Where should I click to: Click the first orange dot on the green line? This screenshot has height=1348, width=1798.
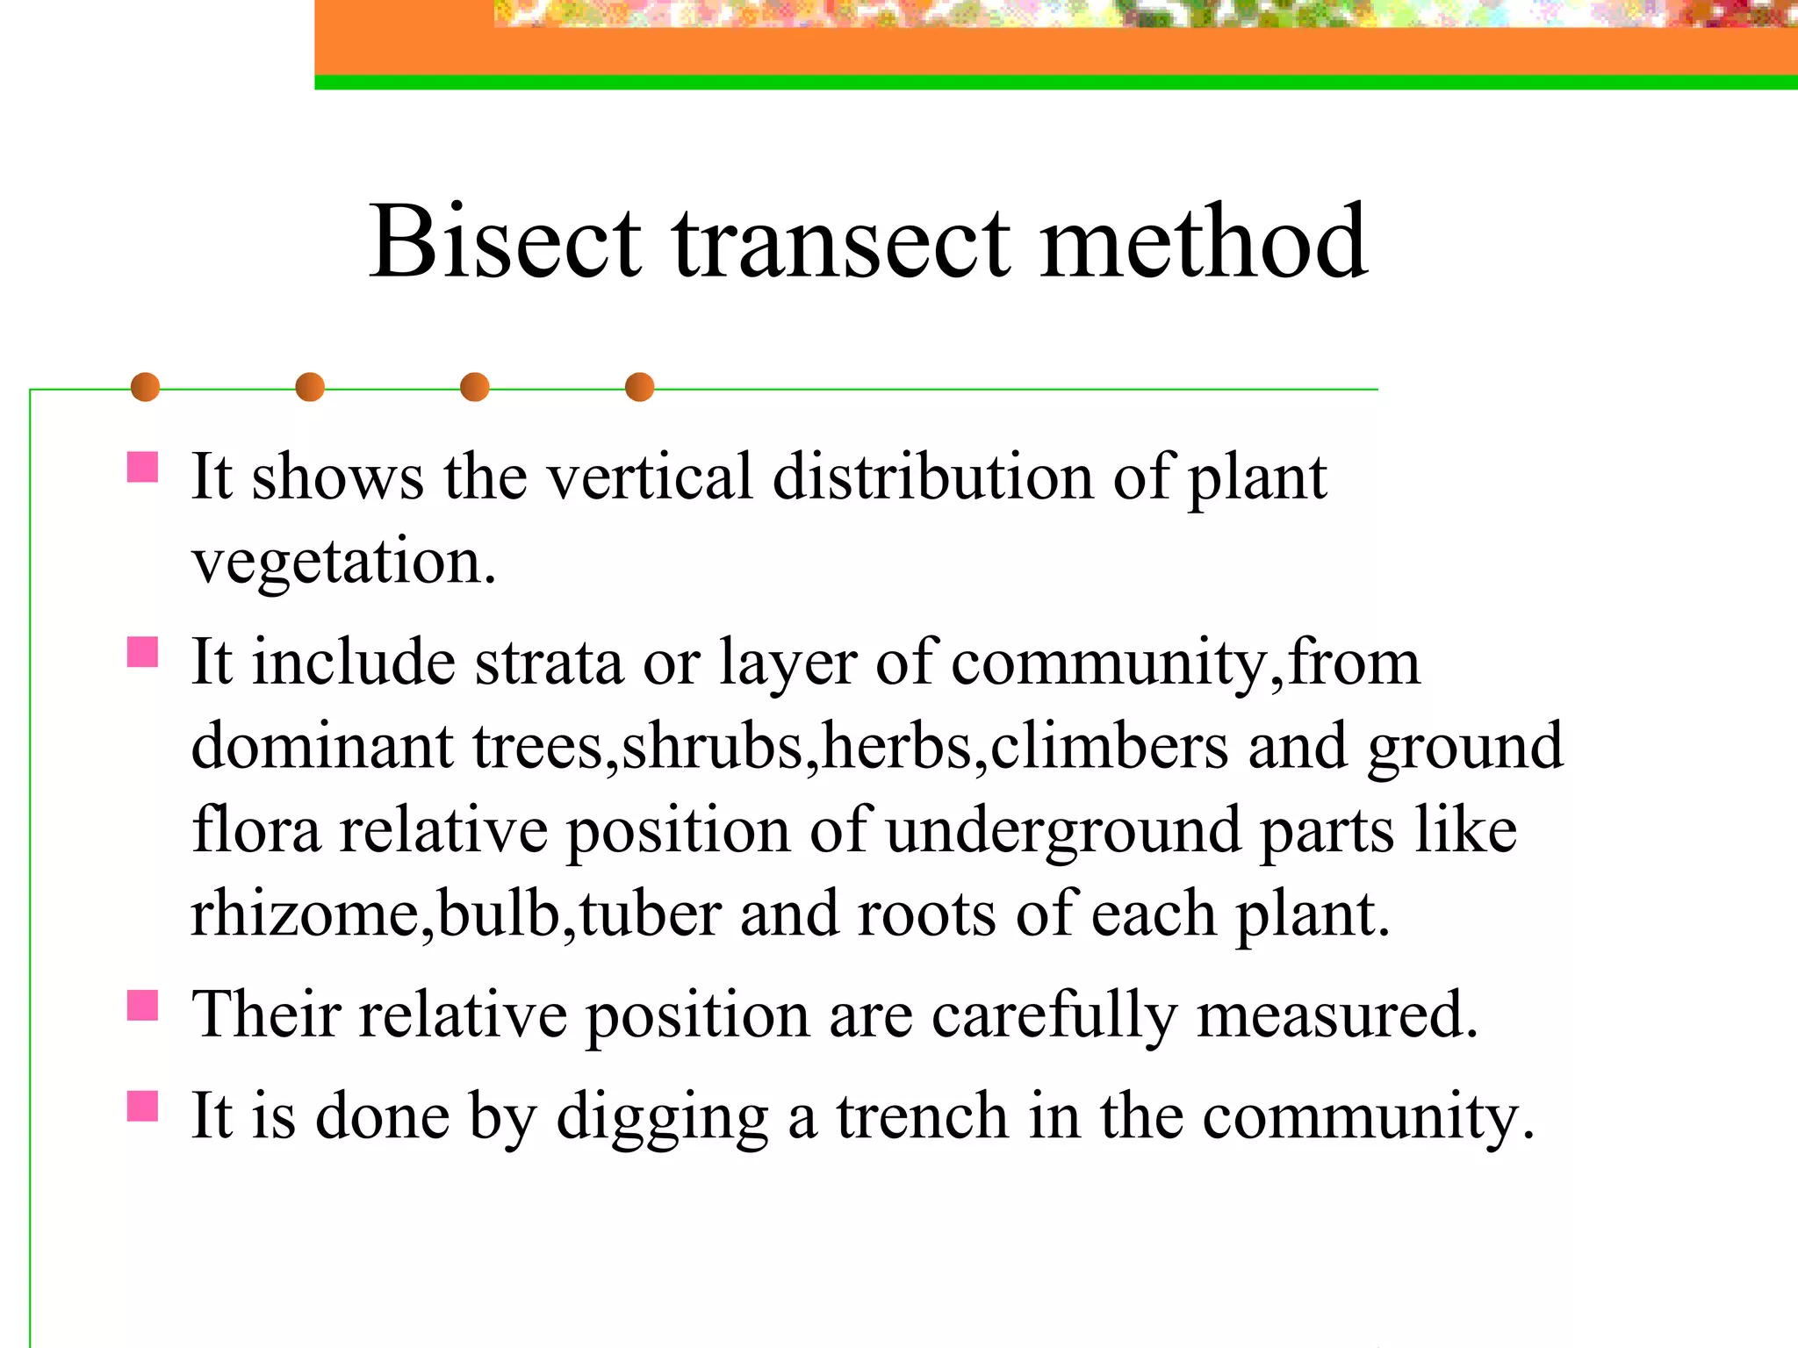pos(145,387)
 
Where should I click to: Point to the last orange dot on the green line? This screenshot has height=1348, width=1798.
pos(639,387)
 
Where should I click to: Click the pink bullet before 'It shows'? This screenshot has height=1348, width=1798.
pos(142,467)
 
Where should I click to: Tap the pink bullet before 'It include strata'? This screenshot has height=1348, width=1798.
pos(142,652)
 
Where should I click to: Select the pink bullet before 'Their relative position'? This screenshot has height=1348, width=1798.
pos(142,1006)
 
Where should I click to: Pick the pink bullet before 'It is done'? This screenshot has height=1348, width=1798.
pos(142,1107)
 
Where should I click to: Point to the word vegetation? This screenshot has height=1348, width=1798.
pos(343,563)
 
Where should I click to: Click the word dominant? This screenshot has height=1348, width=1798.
pos(322,746)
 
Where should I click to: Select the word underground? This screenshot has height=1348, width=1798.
pos(1063,831)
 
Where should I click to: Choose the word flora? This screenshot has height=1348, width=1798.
pos(256,829)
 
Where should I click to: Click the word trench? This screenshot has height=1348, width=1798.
pos(922,1116)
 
